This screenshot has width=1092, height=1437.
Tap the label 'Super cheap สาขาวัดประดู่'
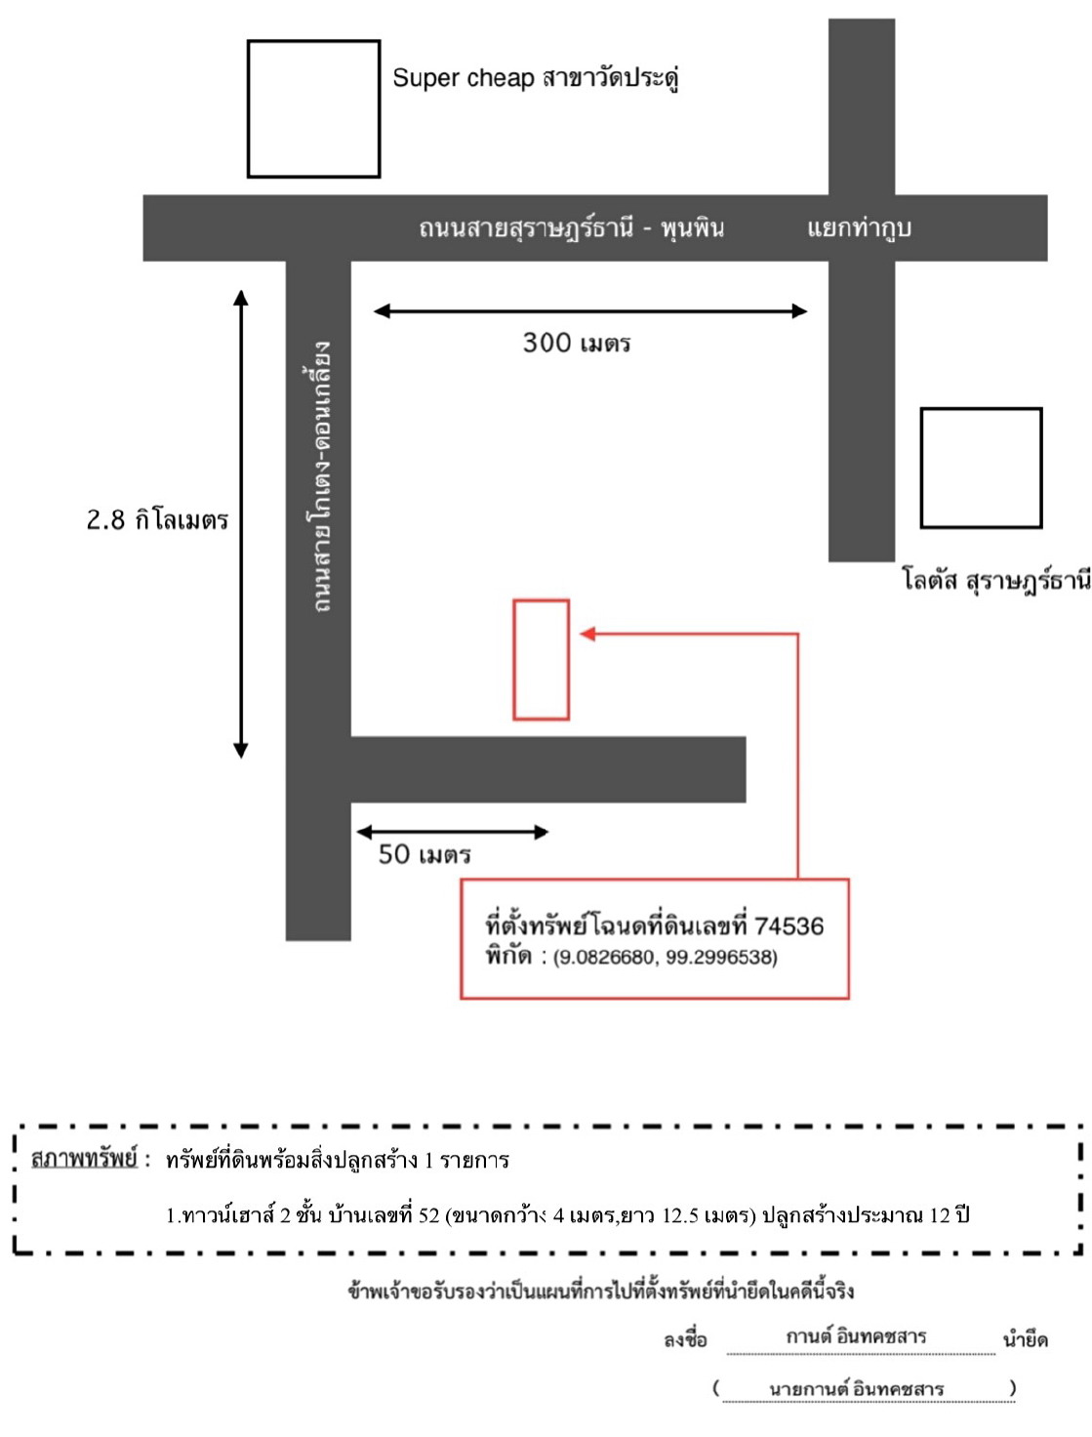[535, 78]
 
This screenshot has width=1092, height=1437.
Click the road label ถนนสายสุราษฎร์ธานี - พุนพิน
[571, 227]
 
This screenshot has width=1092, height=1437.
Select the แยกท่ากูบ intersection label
[859, 227]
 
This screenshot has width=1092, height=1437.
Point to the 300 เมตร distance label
[577, 343]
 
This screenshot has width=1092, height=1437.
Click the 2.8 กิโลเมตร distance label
[157, 519]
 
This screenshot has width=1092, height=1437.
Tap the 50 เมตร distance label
[424, 854]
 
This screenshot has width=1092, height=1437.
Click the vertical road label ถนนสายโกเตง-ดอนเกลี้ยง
[321, 476]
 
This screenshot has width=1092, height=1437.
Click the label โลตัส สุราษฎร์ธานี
[996, 579]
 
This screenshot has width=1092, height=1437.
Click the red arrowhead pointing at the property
[587, 634]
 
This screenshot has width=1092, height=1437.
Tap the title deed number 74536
[789, 925]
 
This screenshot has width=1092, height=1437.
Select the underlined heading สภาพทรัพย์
[84, 1159]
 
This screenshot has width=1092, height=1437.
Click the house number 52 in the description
[428, 1215]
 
